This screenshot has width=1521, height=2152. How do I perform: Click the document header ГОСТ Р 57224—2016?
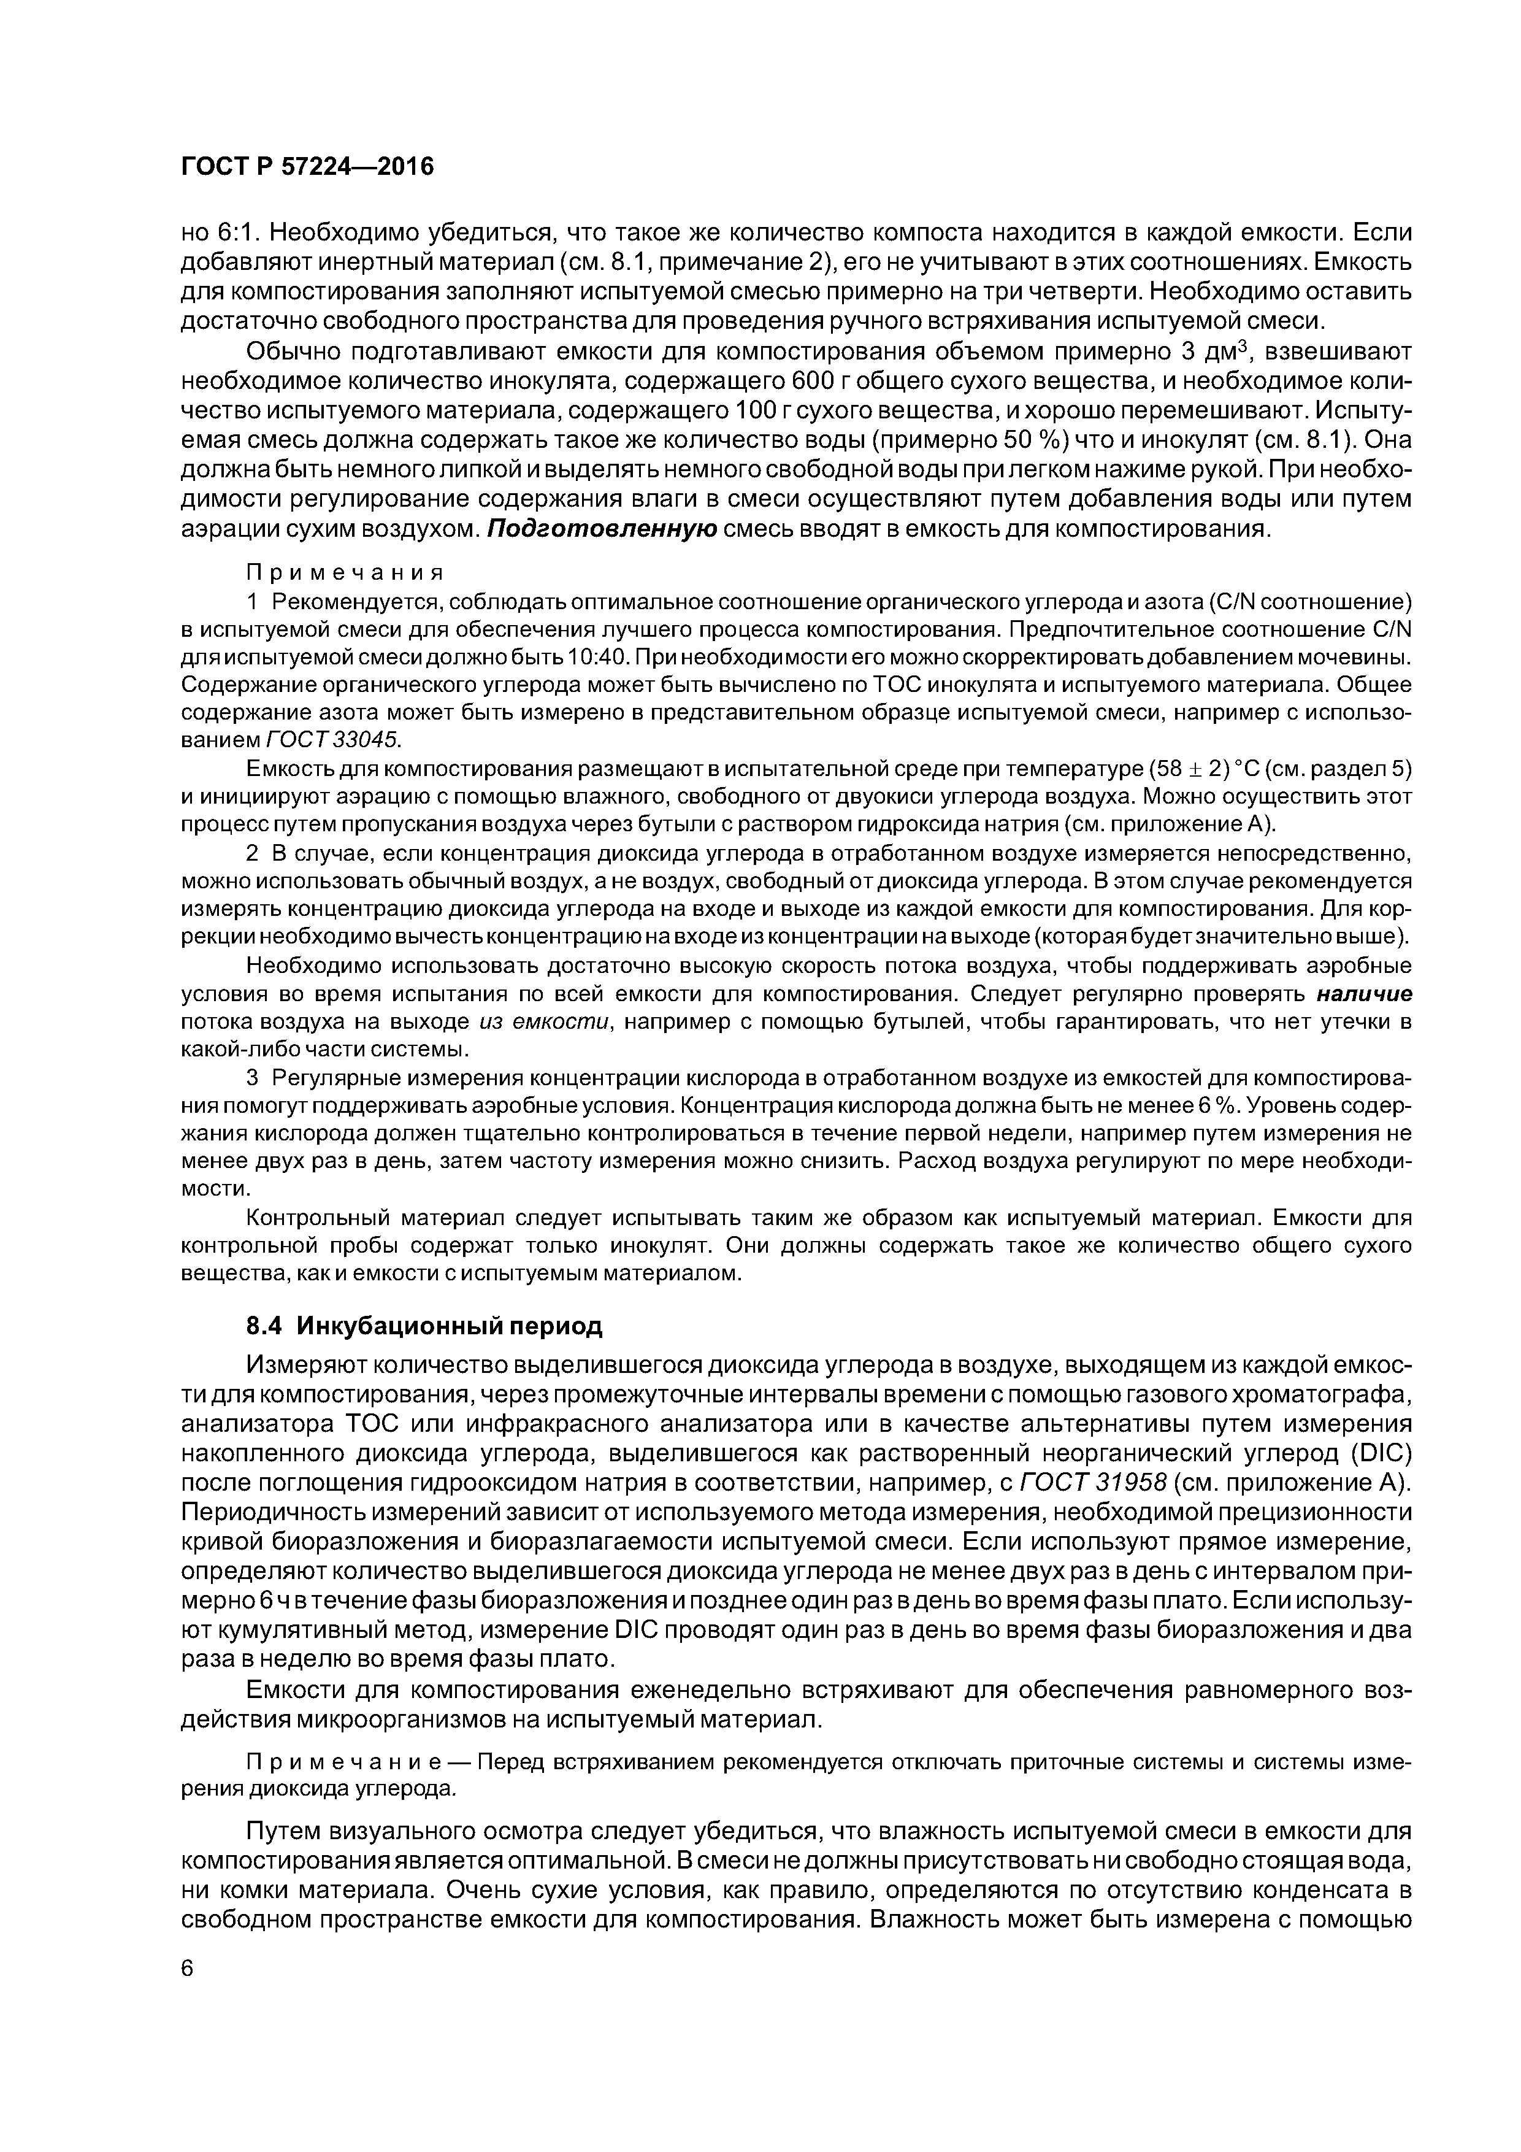[307, 167]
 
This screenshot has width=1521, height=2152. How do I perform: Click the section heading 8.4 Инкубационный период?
[424, 1326]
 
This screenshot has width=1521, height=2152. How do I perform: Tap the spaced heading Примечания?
[344, 572]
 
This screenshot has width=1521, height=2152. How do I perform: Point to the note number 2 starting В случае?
[252, 854]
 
